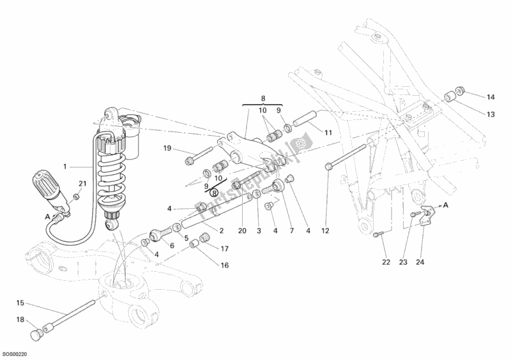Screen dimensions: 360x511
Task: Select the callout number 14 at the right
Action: tap(490, 97)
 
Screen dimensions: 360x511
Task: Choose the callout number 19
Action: tap(167, 149)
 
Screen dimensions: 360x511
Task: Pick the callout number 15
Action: tap(20, 303)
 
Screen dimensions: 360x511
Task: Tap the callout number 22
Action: tap(385, 261)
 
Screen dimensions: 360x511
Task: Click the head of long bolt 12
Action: tap(328, 167)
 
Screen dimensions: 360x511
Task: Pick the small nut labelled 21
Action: tap(76, 197)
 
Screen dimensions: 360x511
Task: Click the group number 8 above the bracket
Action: tap(262, 98)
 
